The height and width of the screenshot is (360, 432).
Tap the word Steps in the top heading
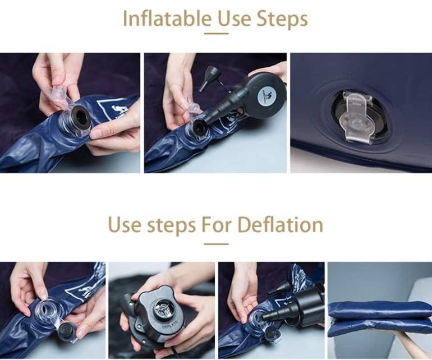pos(282,19)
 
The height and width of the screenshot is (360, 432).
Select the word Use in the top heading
pos(235,19)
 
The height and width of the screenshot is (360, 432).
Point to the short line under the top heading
pos(216,34)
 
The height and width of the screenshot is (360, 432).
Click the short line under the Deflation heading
pos(216,244)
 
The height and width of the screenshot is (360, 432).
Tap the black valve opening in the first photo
pos(80,118)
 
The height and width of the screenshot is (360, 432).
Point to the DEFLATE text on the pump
pos(169,324)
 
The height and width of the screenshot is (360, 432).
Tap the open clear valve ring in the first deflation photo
pos(46,312)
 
